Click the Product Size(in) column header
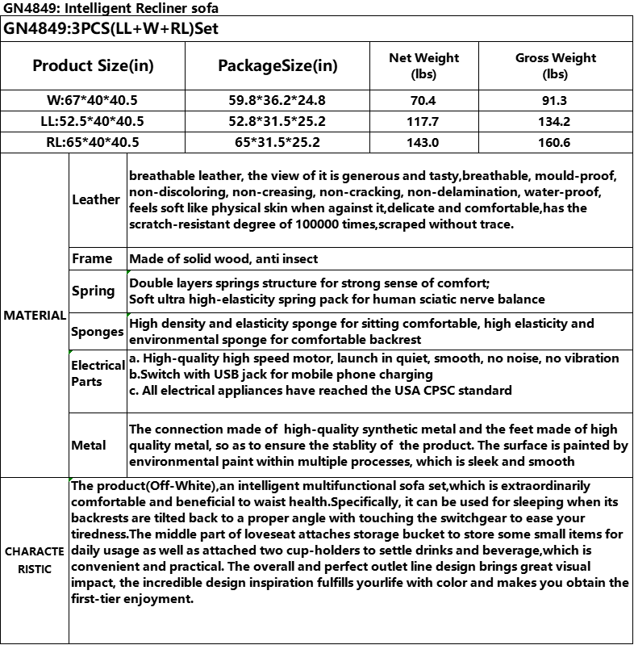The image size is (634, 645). (x=93, y=65)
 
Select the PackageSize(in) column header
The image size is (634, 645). (x=278, y=65)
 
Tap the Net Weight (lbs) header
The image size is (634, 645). (x=423, y=65)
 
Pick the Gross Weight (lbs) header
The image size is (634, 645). (x=556, y=65)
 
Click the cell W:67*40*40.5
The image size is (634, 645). (x=93, y=101)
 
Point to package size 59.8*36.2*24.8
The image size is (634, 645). (x=278, y=101)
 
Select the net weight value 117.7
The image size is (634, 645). (x=423, y=122)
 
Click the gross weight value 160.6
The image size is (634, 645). (x=556, y=143)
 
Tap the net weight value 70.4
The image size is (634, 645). (x=423, y=101)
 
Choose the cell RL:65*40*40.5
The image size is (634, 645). (x=93, y=143)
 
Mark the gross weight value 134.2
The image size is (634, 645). (x=556, y=122)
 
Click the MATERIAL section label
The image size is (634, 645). (x=35, y=316)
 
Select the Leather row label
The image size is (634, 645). (x=96, y=199)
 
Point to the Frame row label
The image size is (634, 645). (x=92, y=259)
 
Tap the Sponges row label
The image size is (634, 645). (x=97, y=332)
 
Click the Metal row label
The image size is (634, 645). (x=89, y=445)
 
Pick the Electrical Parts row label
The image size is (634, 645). (x=98, y=373)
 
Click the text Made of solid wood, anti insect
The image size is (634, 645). (x=223, y=259)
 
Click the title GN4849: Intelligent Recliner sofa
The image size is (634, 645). (x=110, y=8)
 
